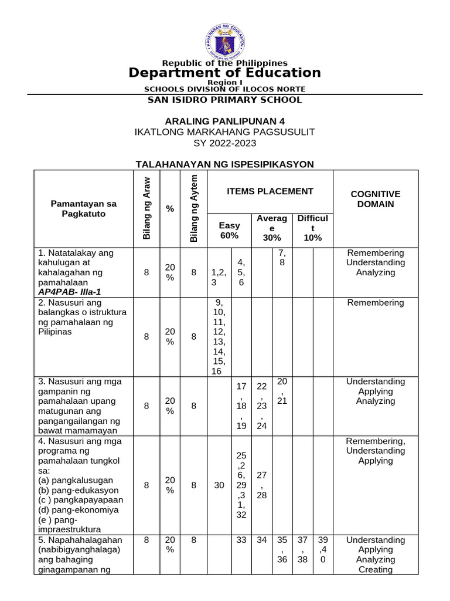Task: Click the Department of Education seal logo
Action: (x=225, y=39)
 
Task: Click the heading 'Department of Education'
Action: (x=225, y=73)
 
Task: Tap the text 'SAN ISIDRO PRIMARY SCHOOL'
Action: (x=225, y=100)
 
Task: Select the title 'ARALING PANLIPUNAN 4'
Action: (x=225, y=121)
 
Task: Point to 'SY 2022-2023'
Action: (x=225, y=143)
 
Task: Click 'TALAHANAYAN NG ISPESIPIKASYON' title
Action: (x=225, y=164)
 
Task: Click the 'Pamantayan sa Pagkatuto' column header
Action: (x=84, y=208)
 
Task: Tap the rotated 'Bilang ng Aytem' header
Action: (x=194, y=208)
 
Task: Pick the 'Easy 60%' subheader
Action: (x=229, y=231)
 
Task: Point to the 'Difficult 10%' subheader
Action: (x=312, y=228)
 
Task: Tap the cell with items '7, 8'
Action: (x=282, y=258)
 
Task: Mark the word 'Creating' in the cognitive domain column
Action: (x=375, y=569)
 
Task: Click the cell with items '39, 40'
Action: (x=322, y=549)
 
